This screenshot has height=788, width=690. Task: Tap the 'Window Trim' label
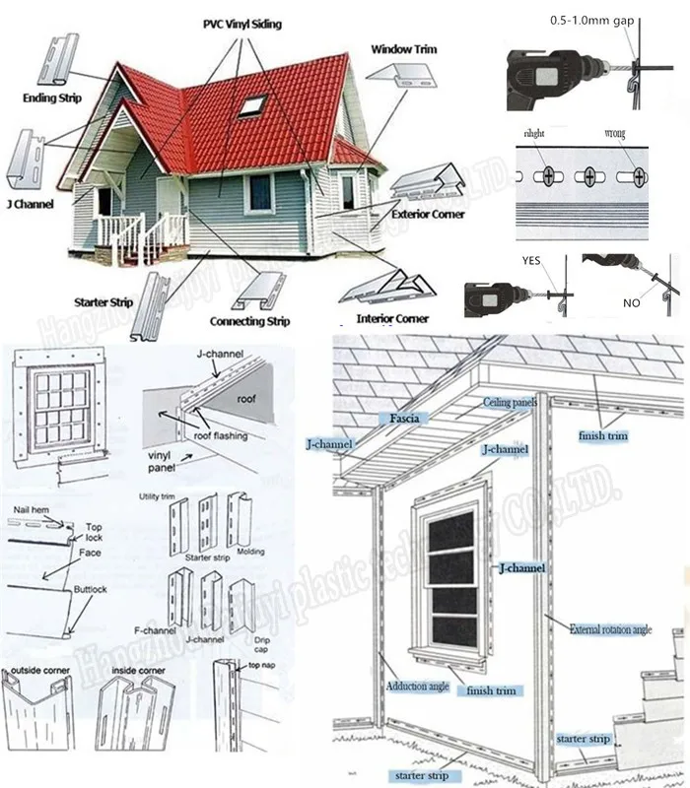403,48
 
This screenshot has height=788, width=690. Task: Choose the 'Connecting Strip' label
249,321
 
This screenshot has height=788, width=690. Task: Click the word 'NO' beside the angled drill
631,303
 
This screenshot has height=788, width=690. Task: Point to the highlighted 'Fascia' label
404,419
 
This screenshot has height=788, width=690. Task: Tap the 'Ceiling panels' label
508,403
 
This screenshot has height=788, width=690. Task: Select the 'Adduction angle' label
417,685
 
